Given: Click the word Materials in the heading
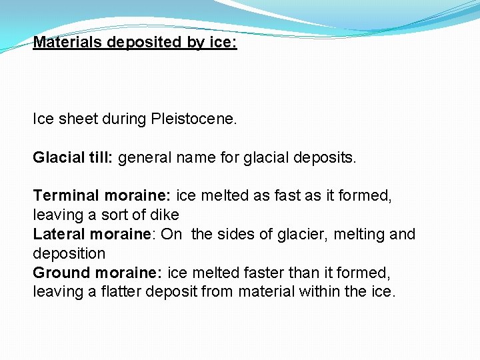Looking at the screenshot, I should coord(68,43).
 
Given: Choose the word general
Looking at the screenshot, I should coord(145,159).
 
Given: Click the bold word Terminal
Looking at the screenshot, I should coord(67,196).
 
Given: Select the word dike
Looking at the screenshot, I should coord(165,215).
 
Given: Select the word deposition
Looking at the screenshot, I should coord(69,254).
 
